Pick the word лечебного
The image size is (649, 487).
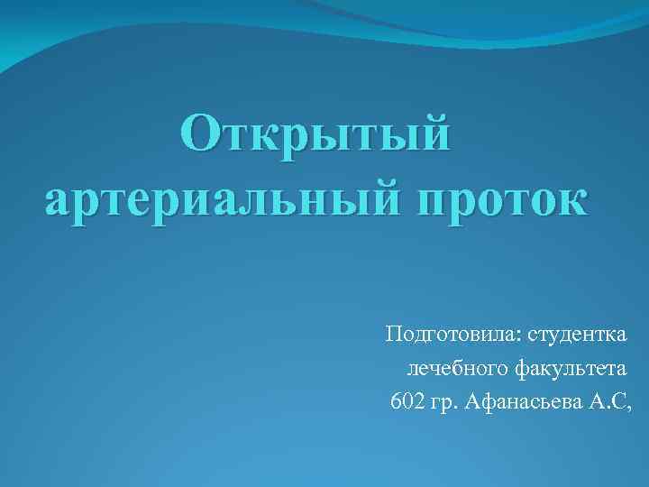(x=459, y=368)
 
